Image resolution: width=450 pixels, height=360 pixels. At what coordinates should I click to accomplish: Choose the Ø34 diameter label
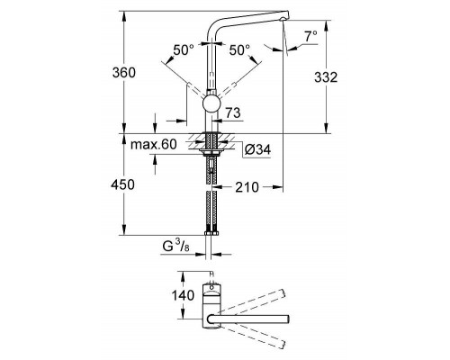click(256, 148)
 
